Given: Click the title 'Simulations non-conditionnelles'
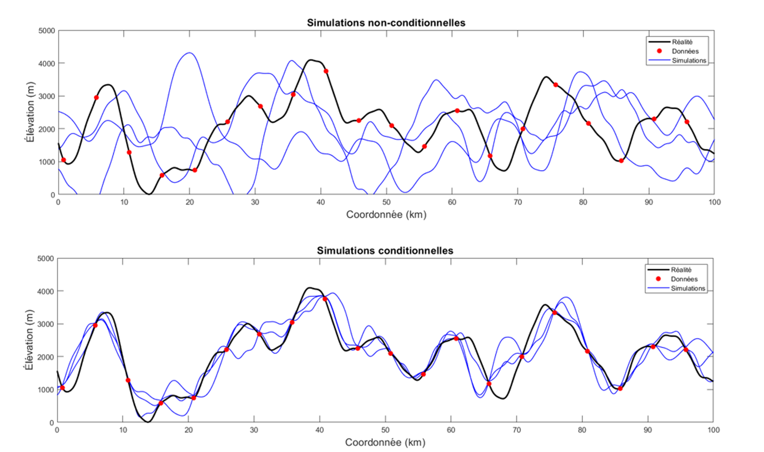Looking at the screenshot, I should [386, 23].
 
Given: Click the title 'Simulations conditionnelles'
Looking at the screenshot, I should [385, 251].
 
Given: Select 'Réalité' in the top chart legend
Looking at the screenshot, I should [682, 42].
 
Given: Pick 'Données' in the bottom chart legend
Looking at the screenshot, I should [684, 279].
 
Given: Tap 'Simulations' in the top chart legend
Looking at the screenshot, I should [688, 61].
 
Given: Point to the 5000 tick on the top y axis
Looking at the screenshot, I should [47, 31].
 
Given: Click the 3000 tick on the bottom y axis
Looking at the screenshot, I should [46, 324].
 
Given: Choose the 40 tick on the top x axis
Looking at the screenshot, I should [321, 202].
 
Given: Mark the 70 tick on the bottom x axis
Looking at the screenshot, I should [516, 430].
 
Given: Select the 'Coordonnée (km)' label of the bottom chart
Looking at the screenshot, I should [385, 442].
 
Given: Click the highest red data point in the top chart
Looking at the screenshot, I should [326, 71].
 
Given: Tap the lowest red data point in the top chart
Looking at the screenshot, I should [162, 175].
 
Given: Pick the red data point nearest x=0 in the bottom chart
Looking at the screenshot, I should [62, 388].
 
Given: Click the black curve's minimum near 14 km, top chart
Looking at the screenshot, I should [149, 194].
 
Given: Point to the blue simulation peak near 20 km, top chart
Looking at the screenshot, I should [189, 53].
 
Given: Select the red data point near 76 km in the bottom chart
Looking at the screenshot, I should [554, 313].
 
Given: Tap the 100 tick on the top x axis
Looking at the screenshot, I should [714, 202].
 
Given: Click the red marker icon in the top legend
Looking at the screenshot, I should [659, 51].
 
